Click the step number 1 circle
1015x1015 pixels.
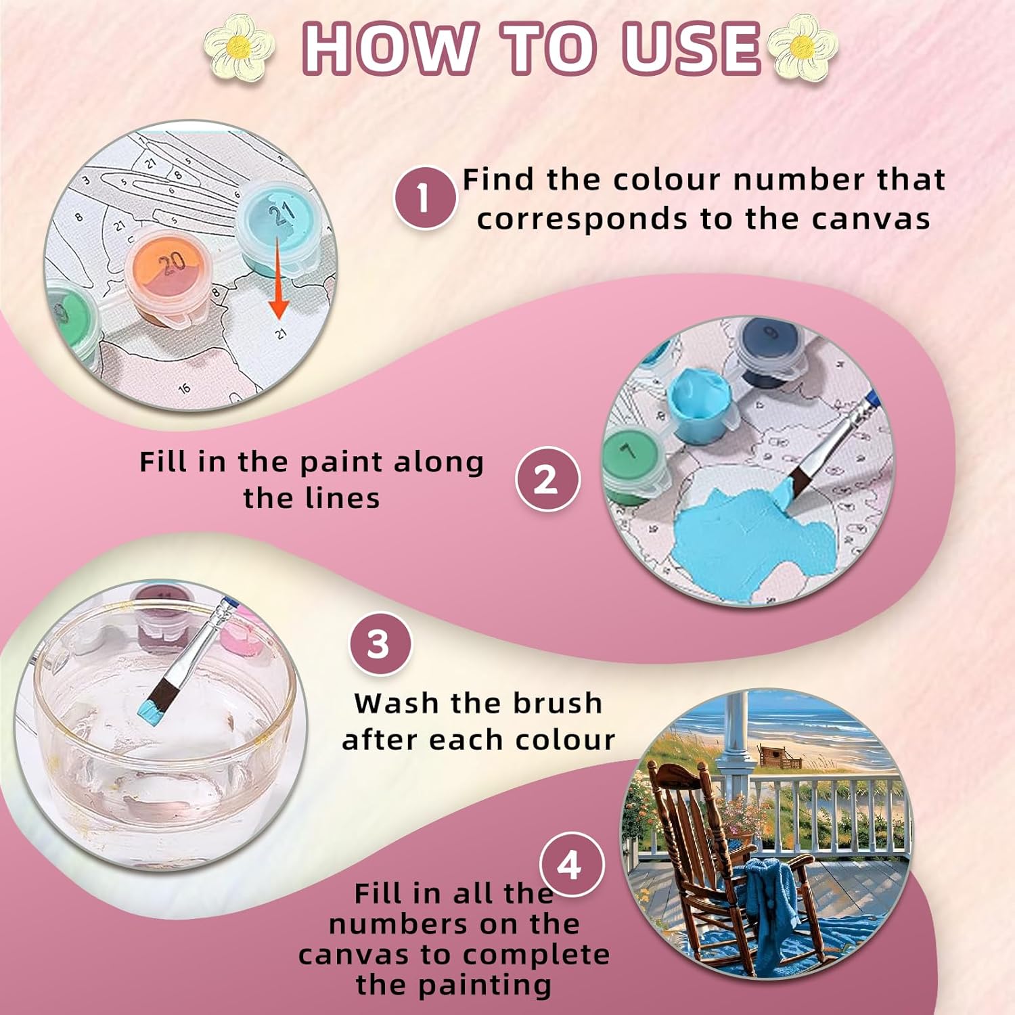(424, 198)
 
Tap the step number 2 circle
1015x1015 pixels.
(547, 479)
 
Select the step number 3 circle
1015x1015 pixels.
(380, 644)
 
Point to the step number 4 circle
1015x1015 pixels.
(570, 865)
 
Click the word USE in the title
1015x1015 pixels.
(692, 48)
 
